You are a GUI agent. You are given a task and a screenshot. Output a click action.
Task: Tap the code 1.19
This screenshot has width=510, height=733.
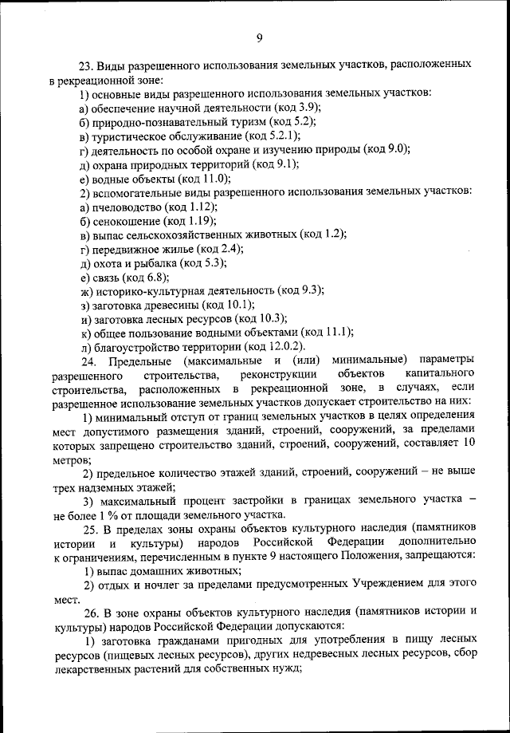(202, 220)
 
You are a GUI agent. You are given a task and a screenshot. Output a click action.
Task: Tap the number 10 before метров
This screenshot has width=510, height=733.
(469, 445)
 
